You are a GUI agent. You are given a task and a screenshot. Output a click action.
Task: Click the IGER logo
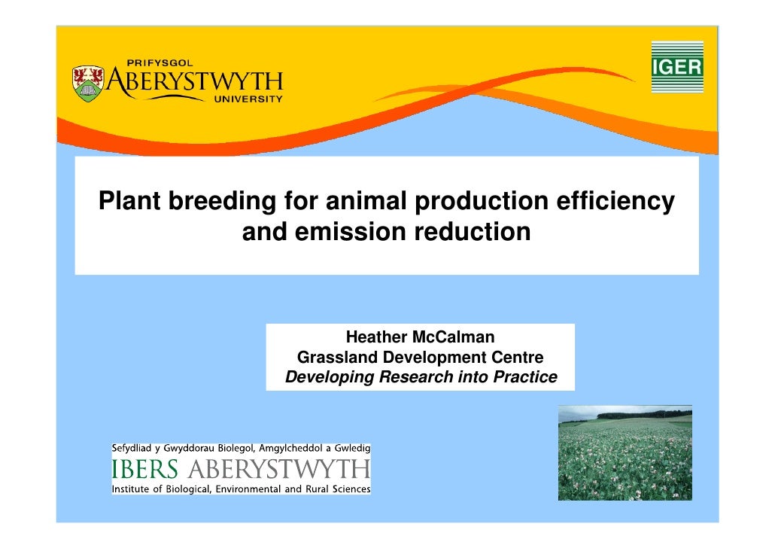coord(676,67)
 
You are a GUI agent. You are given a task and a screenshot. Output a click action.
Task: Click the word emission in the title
coord(346,233)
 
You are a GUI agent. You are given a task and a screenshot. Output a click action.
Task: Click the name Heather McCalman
coord(420,336)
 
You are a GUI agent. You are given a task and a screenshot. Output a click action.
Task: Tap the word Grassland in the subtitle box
coord(336,357)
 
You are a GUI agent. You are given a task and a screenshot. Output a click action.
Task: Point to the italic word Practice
coord(524,377)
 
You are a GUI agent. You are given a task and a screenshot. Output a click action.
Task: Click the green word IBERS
coord(145,471)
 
